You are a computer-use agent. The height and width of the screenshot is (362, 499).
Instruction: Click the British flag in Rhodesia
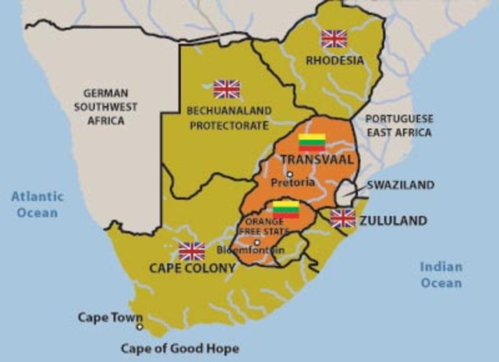point(334,38)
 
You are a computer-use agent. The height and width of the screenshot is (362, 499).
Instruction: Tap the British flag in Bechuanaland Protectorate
point(227,89)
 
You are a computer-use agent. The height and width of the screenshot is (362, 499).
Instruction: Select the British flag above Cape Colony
point(192,250)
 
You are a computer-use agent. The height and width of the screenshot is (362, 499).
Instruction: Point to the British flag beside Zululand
point(342,218)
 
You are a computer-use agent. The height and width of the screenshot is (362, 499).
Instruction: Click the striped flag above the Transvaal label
point(312,142)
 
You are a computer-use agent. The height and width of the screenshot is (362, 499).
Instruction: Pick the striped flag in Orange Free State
point(285,209)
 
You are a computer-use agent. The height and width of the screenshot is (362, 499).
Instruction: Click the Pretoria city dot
point(289,174)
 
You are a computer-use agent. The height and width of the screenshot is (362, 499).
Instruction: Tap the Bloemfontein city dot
point(257,242)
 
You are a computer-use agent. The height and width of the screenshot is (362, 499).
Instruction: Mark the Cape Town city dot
point(140,326)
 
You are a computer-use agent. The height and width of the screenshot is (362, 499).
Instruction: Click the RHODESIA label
point(334,59)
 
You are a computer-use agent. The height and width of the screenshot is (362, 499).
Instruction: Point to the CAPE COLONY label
point(192,268)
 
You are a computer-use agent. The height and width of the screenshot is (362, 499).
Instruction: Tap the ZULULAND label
point(393,221)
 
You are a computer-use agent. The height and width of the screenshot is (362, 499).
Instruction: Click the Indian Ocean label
point(441,275)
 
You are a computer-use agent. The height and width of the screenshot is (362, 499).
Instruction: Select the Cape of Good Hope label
point(180,349)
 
